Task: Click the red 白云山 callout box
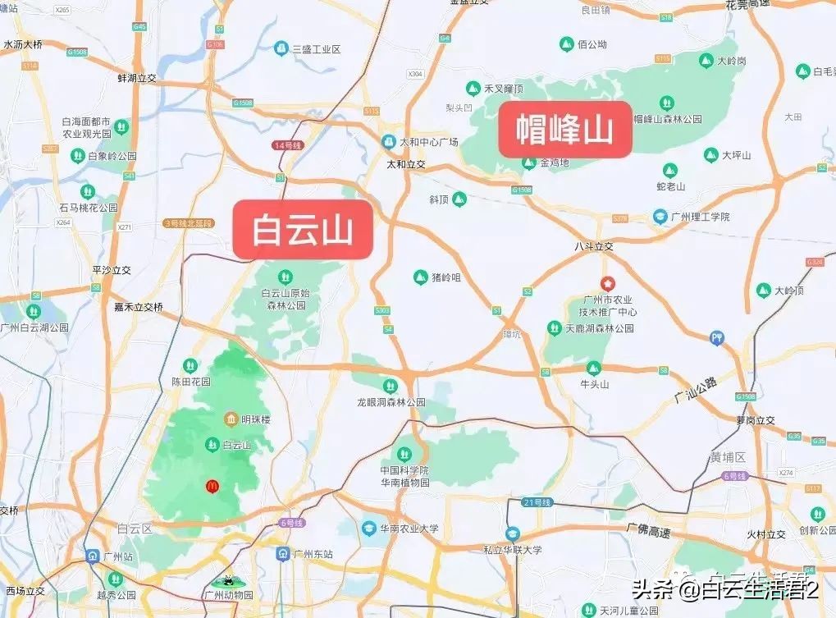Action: pyautogui.click(x=303, y=230)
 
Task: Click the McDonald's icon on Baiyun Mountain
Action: pyautogui.click(x=212, y=486)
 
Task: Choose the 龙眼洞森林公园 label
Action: pyautogui.click(x=391, y=402)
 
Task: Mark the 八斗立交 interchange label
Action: pyautogui.click(x=594, y=246)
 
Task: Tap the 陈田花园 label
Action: pyautogui.click(x=190, y=382)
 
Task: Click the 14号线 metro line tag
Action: pyautogui.click(x=287, y=145)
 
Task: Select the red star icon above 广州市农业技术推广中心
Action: pyautogui.click(x=607, y=284)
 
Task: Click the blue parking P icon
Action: pyautogui.click(x=717, y=336)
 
